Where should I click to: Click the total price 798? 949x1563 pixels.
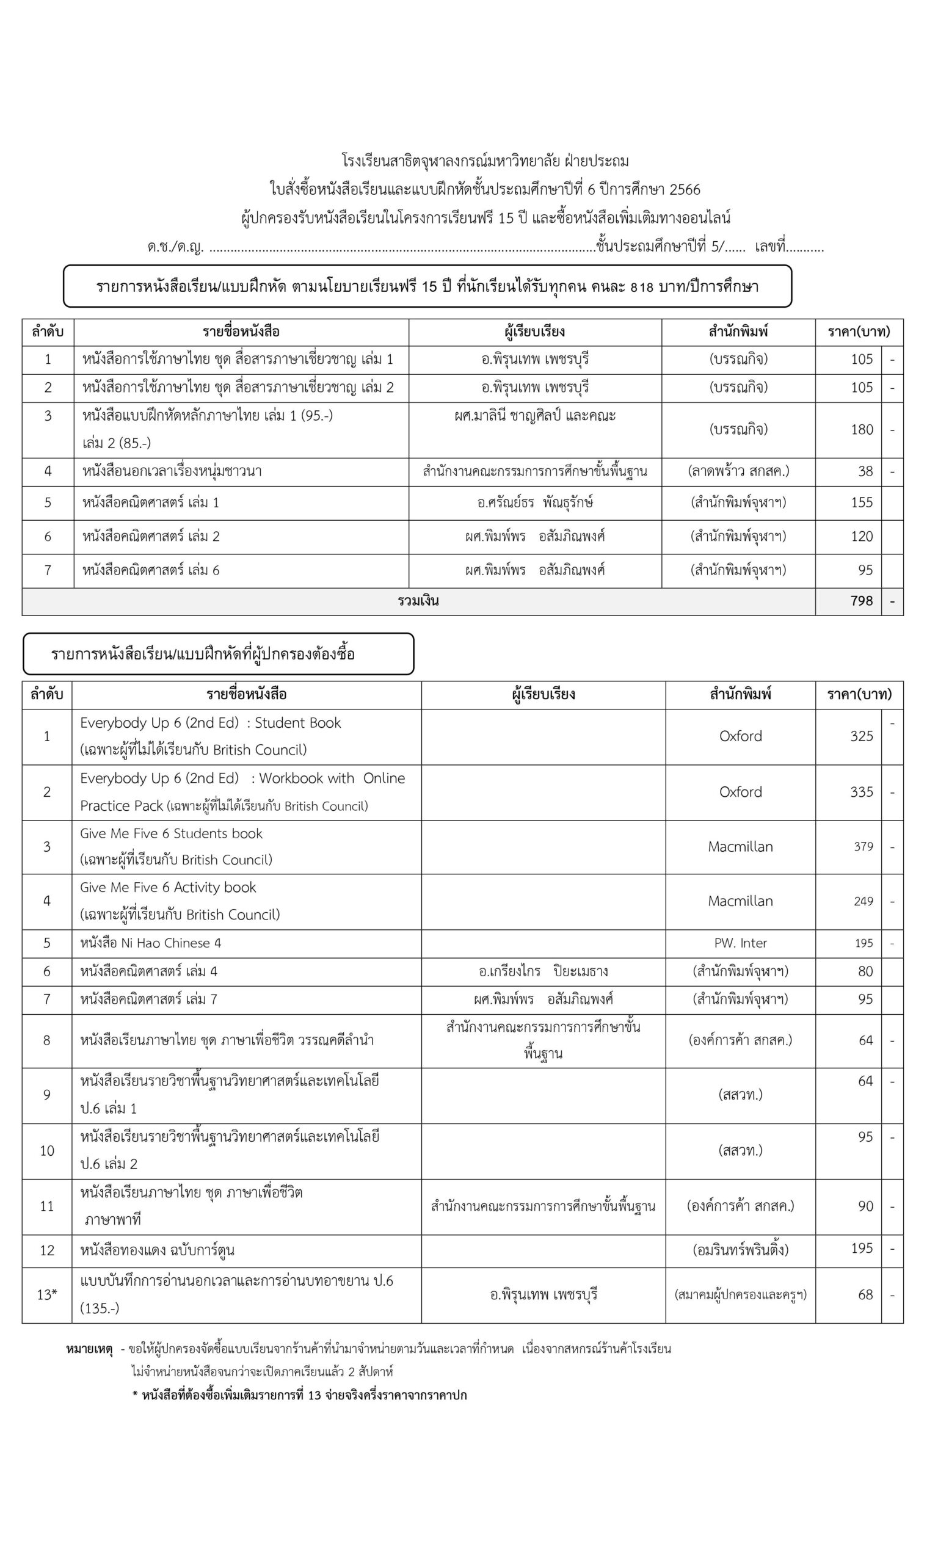click(861, 601)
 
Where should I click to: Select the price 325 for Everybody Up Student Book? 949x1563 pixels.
click(861, 736)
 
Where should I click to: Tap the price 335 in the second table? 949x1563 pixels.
click(861, 792)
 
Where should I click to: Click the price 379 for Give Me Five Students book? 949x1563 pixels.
click(863, 846)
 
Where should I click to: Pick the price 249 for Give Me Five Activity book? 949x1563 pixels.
click(863, 901)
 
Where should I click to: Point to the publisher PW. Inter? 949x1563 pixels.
click(740, 943)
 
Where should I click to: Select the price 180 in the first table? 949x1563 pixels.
click(862, 429)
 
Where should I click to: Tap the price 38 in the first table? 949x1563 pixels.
click(865, 471)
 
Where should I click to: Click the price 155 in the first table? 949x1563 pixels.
click(862, 502)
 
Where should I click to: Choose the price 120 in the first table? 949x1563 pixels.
click(862, 537)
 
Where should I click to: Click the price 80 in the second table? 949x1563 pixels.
click(865, 971)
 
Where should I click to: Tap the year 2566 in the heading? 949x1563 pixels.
click(685, 190)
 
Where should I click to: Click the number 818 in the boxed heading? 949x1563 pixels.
click(641, 287)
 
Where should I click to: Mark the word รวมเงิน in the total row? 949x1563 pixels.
click(418, 601)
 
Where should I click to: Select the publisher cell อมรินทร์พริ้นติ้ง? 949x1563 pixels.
click(740, 1250)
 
